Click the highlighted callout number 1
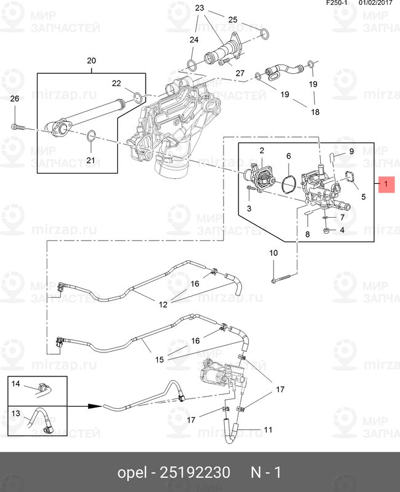tap(385, 184)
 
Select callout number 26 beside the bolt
tap(15, 99)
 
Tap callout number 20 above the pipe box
tap(92, 61)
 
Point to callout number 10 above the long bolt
tap(273, 253)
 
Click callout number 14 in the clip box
tap(16, 384)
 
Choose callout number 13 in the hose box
tap(16, 413)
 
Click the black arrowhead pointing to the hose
tap(94, 407)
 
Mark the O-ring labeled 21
tap(90, 136)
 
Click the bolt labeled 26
tap(17, 127)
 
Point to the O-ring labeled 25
tap(263, 33)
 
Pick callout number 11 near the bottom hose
tap(267, 429)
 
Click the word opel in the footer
tap(132, 473)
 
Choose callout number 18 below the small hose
tap(315, 113)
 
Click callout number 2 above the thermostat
tap(261, 151)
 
